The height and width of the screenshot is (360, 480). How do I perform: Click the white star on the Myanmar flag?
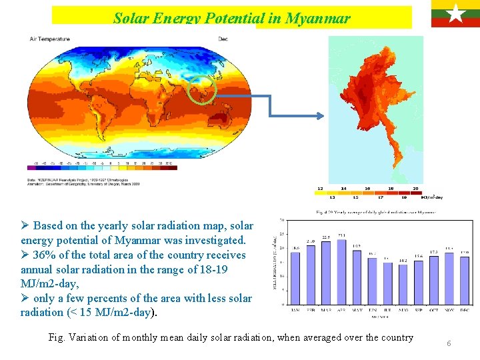455,13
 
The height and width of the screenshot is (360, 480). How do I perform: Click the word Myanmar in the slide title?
317,18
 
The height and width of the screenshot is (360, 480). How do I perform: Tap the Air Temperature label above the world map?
49,39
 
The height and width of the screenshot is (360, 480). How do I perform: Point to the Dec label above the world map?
223,39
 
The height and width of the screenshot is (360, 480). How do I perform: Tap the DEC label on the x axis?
465,310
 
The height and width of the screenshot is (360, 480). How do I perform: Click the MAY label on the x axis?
357,310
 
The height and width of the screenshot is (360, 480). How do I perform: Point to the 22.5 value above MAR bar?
326,237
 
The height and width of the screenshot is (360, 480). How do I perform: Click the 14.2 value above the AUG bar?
403,260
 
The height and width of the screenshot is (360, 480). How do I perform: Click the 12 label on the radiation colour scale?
321,189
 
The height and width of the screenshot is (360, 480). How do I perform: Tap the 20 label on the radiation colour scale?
415,189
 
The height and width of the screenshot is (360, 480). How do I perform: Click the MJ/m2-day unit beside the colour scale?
431,197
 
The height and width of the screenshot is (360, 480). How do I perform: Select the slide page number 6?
449,343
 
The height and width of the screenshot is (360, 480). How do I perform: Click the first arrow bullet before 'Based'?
25,225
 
